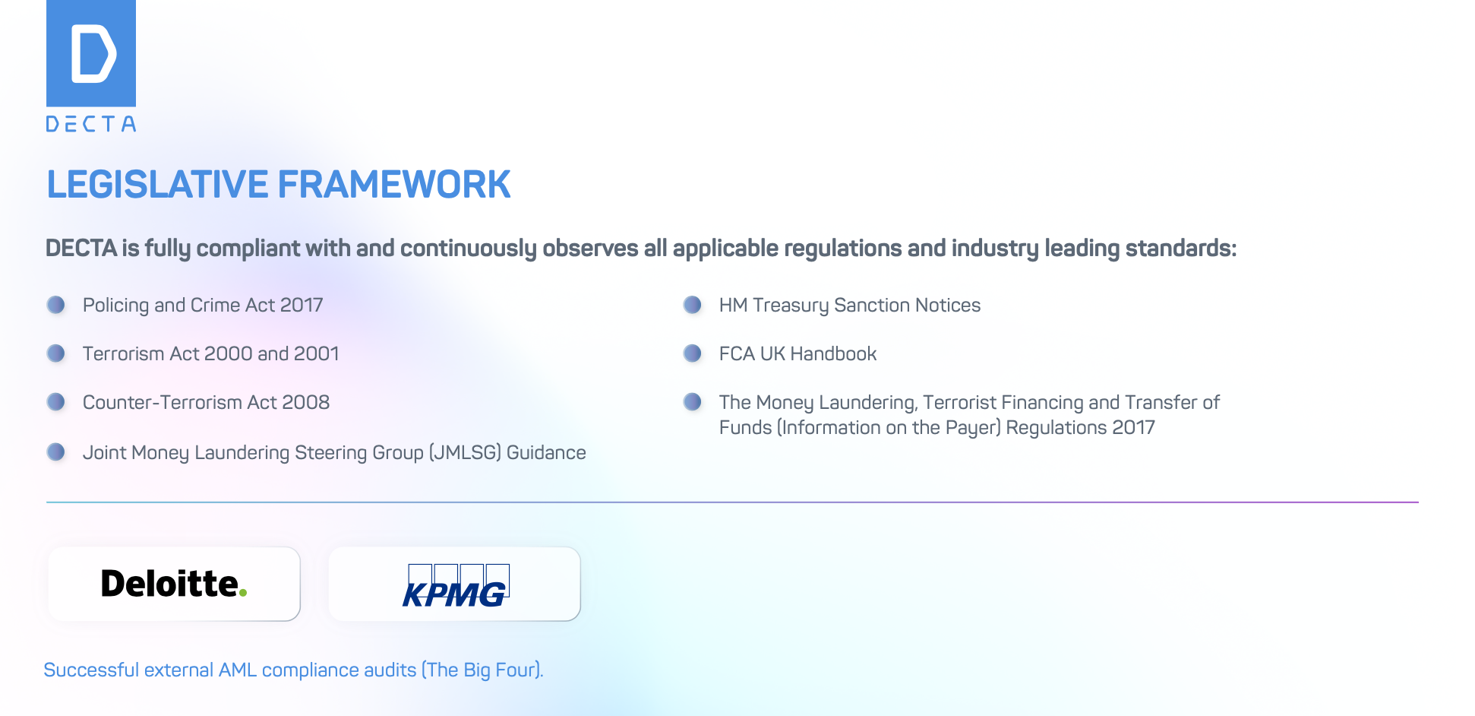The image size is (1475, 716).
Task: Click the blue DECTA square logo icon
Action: click(x=91, y=53)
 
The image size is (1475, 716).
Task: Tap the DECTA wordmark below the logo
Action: click(x=91, y=124)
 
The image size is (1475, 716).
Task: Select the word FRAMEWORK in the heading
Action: click(x=394, y=185)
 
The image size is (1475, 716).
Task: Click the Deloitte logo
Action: click(x=174, y=584)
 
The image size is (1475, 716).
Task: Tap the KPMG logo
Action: click(x=456, y=586)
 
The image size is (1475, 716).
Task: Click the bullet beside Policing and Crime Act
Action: click(x=56, y=305)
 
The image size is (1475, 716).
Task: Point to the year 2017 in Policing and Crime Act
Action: click(x=302, y=305)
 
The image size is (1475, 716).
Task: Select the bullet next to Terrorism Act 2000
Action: click(x=56, y=353)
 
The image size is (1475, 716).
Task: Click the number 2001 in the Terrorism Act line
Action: click(x=317, y=353)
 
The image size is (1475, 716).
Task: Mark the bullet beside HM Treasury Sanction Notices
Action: click(x=693, y=305)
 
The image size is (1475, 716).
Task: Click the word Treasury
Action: click(x=791, y=306)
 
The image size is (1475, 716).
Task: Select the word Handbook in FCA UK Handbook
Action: click(x=833, y=353)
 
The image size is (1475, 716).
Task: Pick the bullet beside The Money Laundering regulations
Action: click(x=693, y=401)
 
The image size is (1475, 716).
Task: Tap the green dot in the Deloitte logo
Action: click(x=243, y=593)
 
